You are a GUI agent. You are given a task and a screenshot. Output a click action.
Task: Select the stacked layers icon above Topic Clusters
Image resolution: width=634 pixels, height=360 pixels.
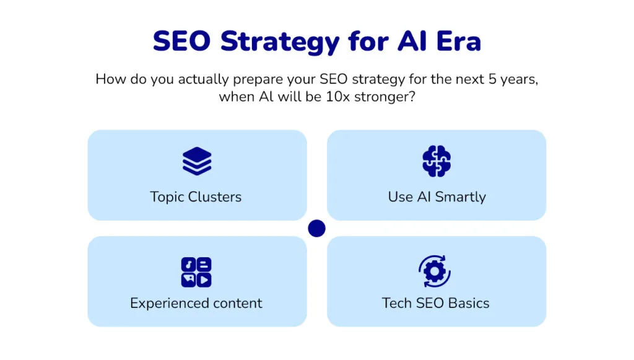197,161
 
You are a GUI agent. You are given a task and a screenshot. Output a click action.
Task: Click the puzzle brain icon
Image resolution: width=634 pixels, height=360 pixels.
436,161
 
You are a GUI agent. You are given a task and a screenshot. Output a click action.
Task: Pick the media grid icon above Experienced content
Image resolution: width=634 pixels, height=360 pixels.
196,272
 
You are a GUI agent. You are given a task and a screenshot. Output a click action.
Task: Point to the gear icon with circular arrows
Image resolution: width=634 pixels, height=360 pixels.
435,271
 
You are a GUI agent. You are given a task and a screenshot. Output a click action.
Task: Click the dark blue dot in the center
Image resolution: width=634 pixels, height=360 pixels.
316,229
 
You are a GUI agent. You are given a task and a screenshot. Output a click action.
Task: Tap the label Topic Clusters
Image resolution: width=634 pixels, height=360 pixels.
196,197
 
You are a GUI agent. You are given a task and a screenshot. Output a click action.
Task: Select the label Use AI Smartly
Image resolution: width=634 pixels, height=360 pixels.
436,197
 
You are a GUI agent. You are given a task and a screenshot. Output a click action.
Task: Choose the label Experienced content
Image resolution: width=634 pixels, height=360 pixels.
196,304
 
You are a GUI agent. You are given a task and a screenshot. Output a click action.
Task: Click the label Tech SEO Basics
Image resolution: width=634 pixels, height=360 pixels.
435,303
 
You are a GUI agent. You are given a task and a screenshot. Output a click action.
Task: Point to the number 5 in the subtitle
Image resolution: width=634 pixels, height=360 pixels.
492,79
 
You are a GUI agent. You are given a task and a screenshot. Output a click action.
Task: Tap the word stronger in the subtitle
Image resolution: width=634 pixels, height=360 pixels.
384,97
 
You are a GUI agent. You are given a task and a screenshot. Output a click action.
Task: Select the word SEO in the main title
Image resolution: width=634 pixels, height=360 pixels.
182,42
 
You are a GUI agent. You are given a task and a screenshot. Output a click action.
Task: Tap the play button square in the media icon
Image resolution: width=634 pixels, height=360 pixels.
204,280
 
